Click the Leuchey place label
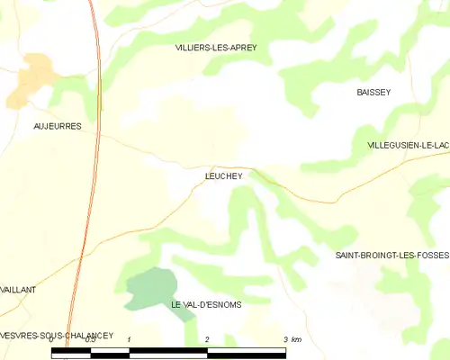223,177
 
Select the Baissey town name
373,93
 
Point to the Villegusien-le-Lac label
408,145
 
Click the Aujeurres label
57,127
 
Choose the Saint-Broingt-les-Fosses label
391,256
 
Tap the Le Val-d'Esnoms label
206,305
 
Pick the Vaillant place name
18,290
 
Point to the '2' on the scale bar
208,339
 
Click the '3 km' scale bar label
292,339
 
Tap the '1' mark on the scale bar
130,339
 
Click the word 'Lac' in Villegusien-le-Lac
440,145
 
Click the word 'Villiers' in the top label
191,48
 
